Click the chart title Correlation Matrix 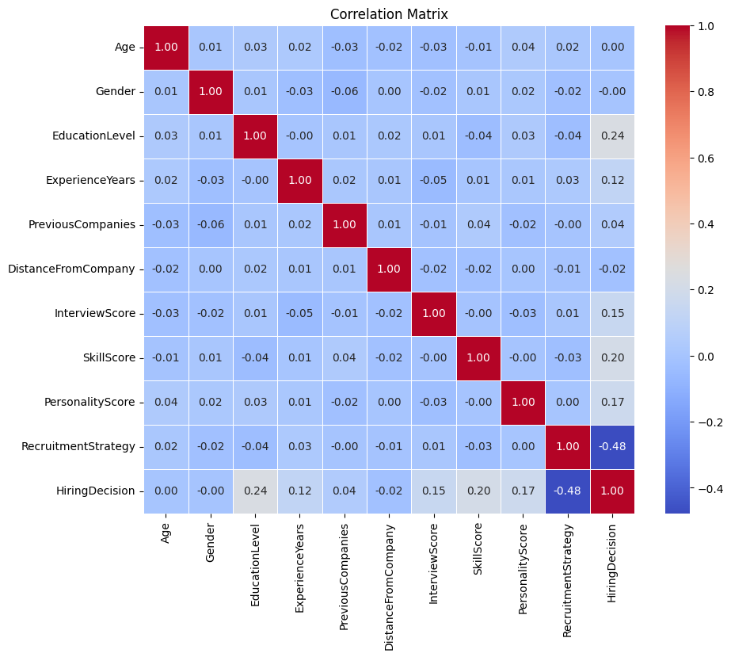[389, 14]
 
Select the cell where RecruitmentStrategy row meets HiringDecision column [611, 446]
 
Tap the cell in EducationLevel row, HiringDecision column [611, 136]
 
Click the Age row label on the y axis [124, 47]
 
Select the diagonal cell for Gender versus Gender [211, 91]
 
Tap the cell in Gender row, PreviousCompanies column [345, 91]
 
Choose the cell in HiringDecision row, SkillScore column [478, 491]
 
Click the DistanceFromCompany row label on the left [70, 269]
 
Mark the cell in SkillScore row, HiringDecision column [611, 357]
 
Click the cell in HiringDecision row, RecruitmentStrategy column [567, 491]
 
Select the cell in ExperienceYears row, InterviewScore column [433, 180]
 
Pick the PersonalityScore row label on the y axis [89, 402]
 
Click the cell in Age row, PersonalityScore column [523, 47]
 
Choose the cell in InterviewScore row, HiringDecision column [611, 313]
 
